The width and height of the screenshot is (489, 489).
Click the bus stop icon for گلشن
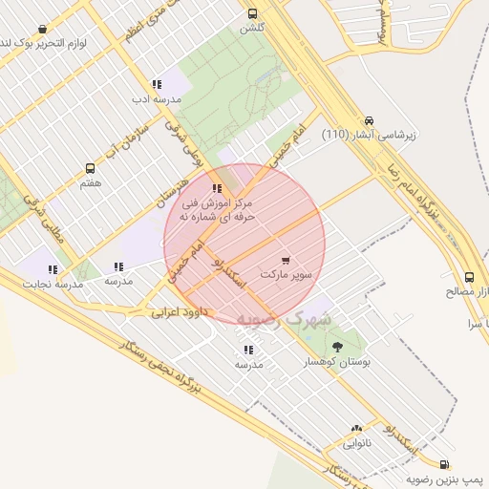[253, 13]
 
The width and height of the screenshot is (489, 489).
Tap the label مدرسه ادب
[151, 98]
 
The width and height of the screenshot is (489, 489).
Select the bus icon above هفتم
[90, 168]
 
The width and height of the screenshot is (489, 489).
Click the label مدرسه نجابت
[55, 285]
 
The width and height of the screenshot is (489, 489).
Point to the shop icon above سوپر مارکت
[287, 260]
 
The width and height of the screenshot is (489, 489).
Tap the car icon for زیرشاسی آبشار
[369, 121]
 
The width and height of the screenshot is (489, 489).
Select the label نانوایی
[355, 444]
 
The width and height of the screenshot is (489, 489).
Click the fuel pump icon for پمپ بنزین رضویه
[472, 463]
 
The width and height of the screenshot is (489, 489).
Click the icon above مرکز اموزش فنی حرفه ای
[217, 188]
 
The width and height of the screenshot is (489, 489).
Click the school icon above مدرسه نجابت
[53, 269]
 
